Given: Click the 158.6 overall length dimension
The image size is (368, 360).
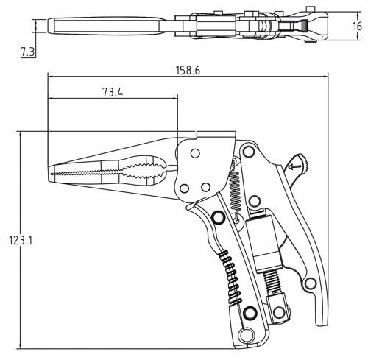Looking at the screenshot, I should tap(190, 71).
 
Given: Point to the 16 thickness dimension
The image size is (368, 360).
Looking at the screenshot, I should tap(357, 26).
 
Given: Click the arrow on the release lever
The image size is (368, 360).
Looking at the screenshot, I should tap(296, 167).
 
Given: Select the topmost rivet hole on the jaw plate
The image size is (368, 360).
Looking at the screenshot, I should tap(196, 152).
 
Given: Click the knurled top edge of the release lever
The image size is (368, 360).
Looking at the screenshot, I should tap(303, 160).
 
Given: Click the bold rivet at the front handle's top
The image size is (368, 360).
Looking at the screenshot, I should tap(218, 218).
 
